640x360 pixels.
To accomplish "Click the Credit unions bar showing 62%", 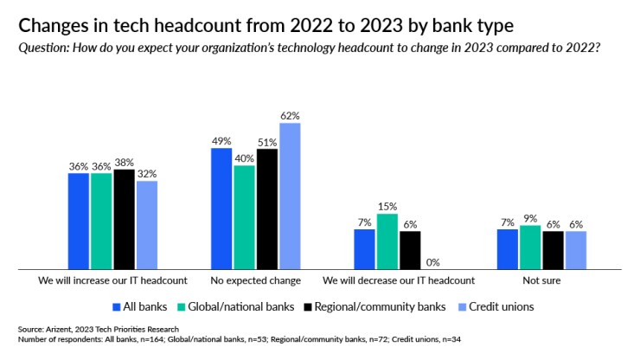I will coord(289,196).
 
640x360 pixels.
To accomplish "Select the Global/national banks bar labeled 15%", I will coord(387,241).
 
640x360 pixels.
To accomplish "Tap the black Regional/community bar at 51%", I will coord(266,209).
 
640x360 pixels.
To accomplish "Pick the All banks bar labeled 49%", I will coord(222,209).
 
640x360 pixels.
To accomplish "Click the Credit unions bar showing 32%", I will coord(147,225).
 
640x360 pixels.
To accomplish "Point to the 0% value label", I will coord(432,262).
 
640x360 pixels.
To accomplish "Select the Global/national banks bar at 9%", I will coord(530,247).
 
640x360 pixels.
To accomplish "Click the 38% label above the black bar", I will coord(125,162).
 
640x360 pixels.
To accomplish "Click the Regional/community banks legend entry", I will coord(379,306).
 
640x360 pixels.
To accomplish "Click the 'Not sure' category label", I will coord(541,281).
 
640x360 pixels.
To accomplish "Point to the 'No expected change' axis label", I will coord(256,281).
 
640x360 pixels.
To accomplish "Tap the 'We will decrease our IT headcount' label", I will coord(399,281).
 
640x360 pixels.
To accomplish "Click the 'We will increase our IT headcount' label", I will coord(113,281).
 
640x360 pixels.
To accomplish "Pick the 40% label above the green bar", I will coord(244,158).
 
